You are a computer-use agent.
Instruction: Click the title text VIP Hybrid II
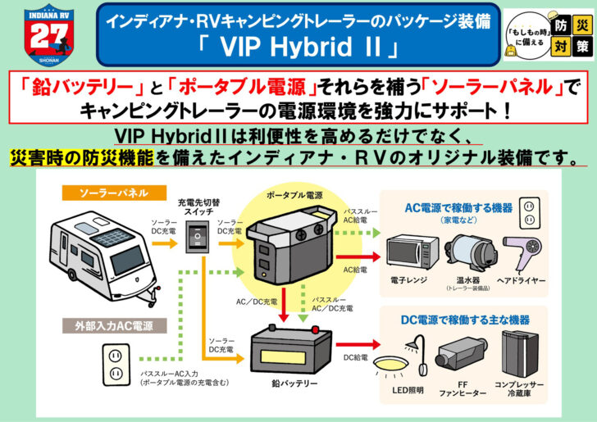[298, 47]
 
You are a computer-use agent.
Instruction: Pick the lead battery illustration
[283, 347]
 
